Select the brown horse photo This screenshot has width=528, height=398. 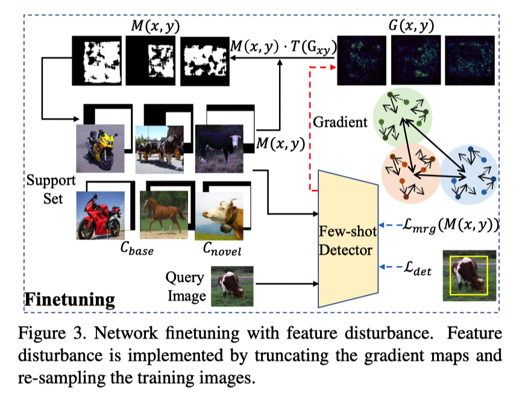pyautogui.click(x=163, y=215)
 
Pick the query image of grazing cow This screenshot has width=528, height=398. pyautogui.click(x=232, y=286)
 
